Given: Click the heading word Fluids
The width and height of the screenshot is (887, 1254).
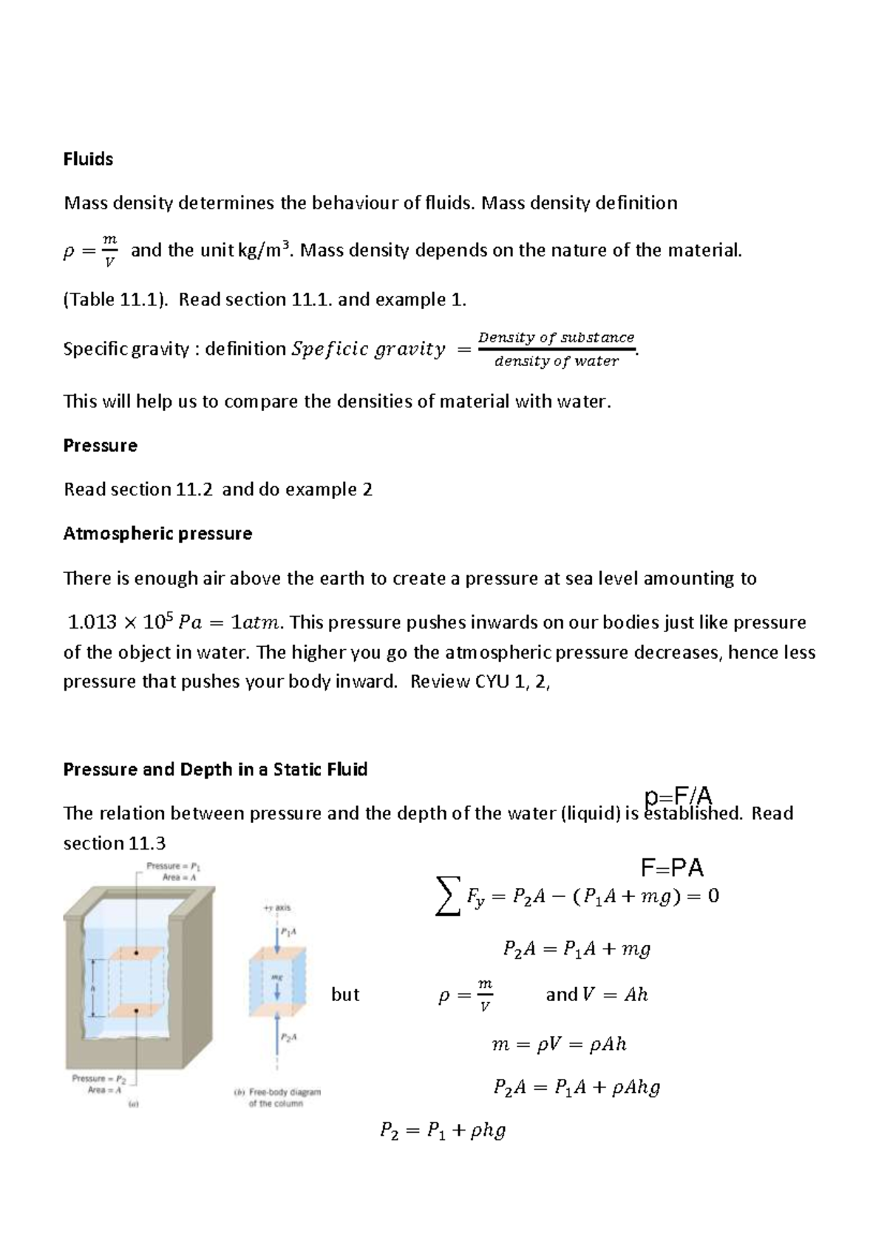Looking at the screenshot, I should [88, 159].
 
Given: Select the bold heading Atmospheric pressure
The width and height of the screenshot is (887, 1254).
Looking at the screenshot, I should [157, 533].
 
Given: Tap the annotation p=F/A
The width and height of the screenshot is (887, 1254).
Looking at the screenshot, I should [678, 796].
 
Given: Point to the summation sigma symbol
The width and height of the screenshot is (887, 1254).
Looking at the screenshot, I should [448, 896].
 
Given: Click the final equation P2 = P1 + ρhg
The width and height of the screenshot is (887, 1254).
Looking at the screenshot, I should [442, 1130].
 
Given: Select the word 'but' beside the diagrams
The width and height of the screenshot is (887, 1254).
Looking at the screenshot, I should [345, 994].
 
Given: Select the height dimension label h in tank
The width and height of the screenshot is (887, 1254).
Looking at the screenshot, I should [93, 988].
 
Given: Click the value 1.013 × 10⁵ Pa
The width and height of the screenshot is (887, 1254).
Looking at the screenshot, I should [135, 623].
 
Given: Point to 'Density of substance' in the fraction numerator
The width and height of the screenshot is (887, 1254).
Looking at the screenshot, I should [556, 337].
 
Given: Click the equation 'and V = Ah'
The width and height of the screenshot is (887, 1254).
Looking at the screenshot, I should [597, 994].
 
